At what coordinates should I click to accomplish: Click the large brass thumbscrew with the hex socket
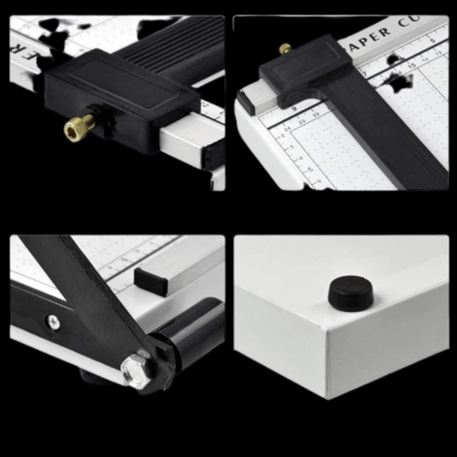pos(78,127)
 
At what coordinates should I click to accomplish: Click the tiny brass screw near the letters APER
pos(286,47)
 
